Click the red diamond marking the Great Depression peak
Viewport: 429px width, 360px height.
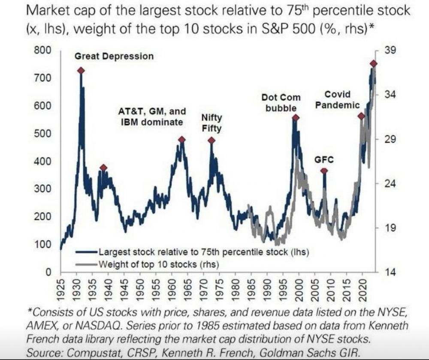point(80,71)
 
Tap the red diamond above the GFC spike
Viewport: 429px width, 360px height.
point(324,171)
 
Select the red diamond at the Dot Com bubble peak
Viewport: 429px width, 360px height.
point(295,117)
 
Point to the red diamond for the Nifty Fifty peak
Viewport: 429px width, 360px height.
point(211,140)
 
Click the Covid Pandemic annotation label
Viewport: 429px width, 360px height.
point(338,99)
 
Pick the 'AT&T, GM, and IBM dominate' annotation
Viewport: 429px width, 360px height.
point(152,117)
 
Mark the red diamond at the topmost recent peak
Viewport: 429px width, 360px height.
point(373,63)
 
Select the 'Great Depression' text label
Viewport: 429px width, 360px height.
point(114,56)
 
